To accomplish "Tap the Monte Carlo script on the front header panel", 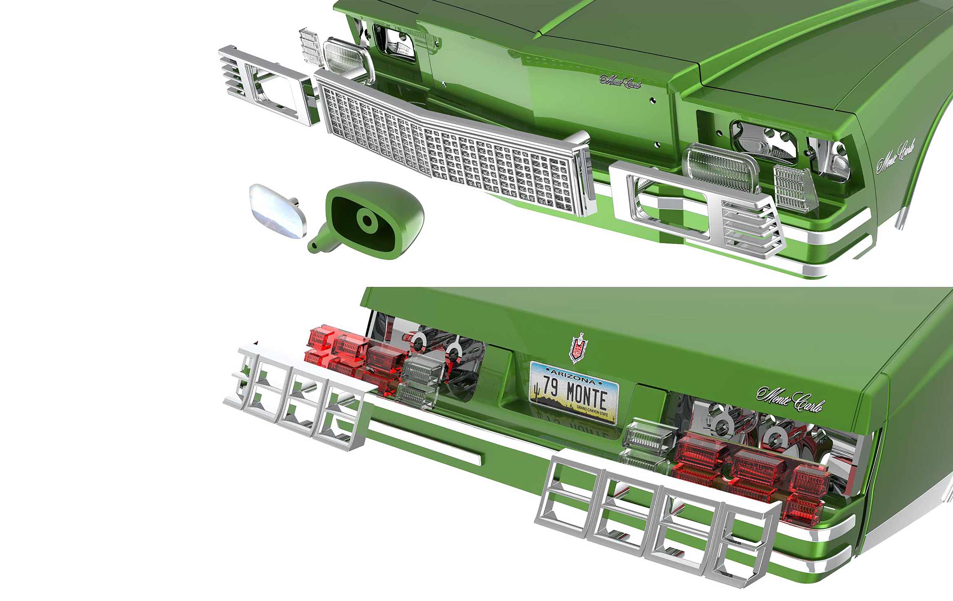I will pos(620,81).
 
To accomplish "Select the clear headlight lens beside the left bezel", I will pos(347,59).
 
